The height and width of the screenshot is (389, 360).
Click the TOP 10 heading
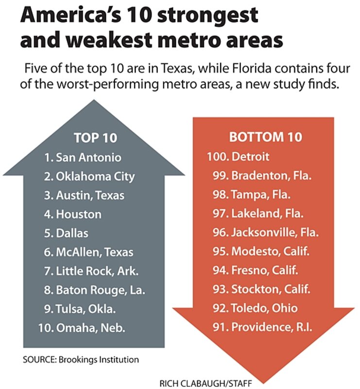coord(95,138)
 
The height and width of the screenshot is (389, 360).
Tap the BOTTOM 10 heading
coord(265,137)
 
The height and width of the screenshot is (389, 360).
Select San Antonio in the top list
coord(88,158)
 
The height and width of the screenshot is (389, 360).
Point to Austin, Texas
coord(90,195)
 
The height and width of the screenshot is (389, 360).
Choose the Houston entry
coord(79,214)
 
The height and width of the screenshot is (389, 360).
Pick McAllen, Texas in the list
coord(94,252)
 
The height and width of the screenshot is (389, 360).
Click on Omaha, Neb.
coord(90,328)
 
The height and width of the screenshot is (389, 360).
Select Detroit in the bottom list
coord(250,157)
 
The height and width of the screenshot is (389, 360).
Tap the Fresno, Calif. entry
coord(265,270)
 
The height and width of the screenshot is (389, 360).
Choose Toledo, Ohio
coord(264,308)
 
